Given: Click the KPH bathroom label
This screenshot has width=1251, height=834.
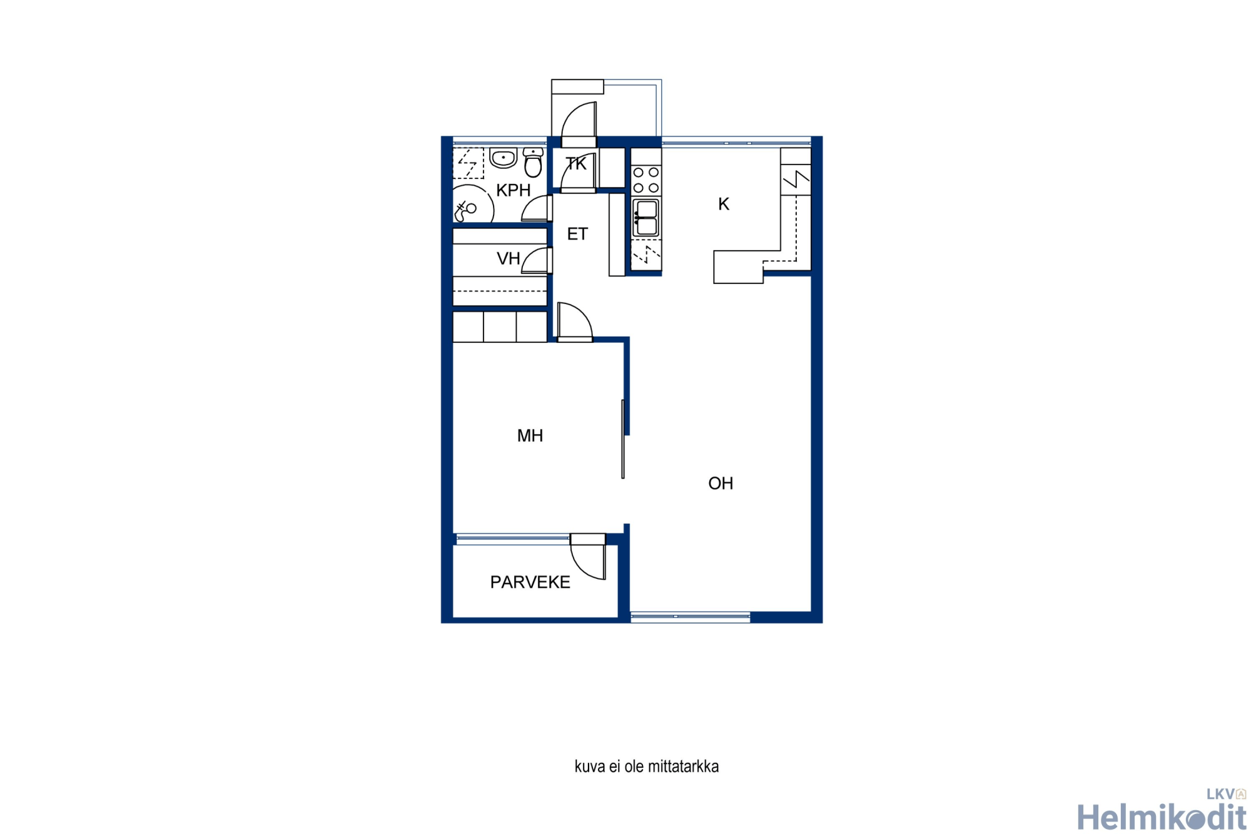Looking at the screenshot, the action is pyautogui.click(x=513, y=190).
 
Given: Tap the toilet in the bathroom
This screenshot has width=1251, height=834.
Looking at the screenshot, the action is pyautogui.click(x=533, y=163).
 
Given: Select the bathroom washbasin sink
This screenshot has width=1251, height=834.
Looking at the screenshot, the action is pyautogui.click(x=503, y=158).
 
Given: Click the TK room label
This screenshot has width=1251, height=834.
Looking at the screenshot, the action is pyautogui.click(x=576, y=164).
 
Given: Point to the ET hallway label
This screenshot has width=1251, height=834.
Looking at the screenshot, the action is pyautogui.click(x=577, y=234).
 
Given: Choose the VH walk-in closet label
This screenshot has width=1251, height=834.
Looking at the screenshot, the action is pyautogui.click(x=508, y=258).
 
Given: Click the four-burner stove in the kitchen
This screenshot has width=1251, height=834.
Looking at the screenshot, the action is pyautogui.click(x=646, y=180).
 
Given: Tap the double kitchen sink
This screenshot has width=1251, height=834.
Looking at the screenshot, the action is pyautogui.click(x=646, y=217).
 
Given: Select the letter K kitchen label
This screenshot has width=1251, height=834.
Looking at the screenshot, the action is pyautogui.click(x=724, y=204).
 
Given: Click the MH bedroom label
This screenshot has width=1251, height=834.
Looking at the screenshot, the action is pyautogui.click(x=530, y=435).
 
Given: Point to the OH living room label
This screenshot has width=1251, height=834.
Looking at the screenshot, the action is pyautogui.click(x=721, y=483).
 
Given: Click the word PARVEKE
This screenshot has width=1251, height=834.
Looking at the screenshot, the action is pyautogui.click(x=530, y=582).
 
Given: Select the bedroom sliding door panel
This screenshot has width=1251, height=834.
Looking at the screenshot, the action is pyautogui.click(x=623, y=439).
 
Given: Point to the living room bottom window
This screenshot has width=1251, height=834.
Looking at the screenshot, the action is pyautogui.click(x=691, y=617).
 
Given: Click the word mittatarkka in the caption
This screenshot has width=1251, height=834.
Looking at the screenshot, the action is pyautogui.click(x=683, y=766).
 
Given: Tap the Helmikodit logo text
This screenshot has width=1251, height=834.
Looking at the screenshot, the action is pyautogui.click(x=1162, y=817).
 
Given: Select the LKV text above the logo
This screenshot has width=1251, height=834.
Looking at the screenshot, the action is pyautogui.click(x=1220, y=795).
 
